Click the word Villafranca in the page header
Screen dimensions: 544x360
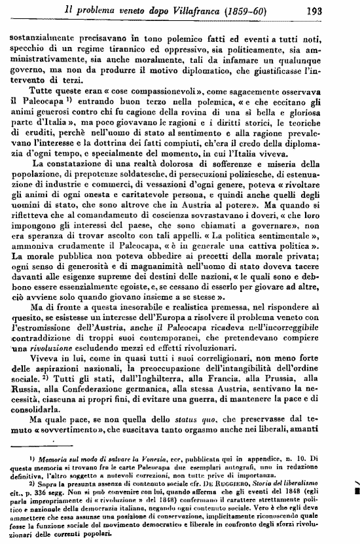[x=199, y=10]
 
